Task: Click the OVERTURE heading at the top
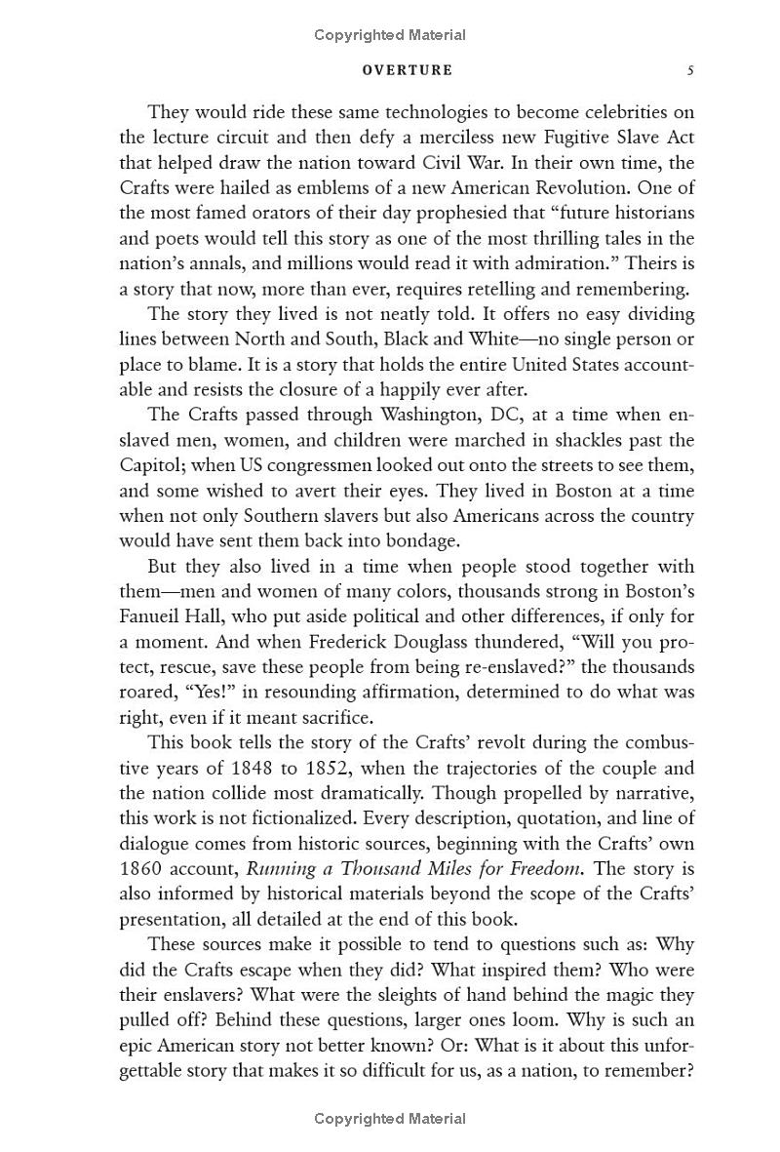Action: coord(407,70)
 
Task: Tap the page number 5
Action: coord(689,70)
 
